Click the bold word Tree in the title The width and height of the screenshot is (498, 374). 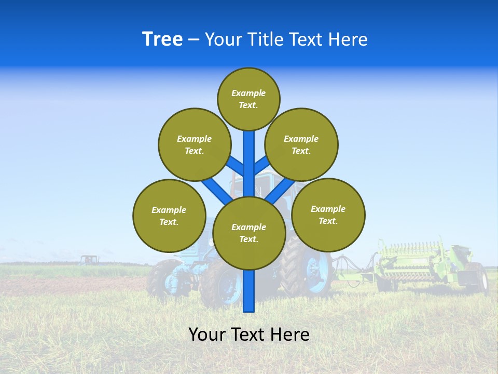[x=162, y=39]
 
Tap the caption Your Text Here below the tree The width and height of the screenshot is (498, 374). [x=249, y=335]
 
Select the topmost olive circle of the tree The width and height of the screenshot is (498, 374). [x=248, y=99]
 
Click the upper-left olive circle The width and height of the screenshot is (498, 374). [x=194, y=144]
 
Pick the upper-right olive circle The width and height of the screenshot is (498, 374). [x=301, y=144]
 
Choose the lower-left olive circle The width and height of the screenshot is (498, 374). [x=169, y=216]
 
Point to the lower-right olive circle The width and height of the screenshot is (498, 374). [x=328, y=215]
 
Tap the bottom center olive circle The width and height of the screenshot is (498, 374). [x=249, y=233]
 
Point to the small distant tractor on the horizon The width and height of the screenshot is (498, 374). [x=89, y=259]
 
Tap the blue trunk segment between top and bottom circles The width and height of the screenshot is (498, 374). [x=249, y=164]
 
